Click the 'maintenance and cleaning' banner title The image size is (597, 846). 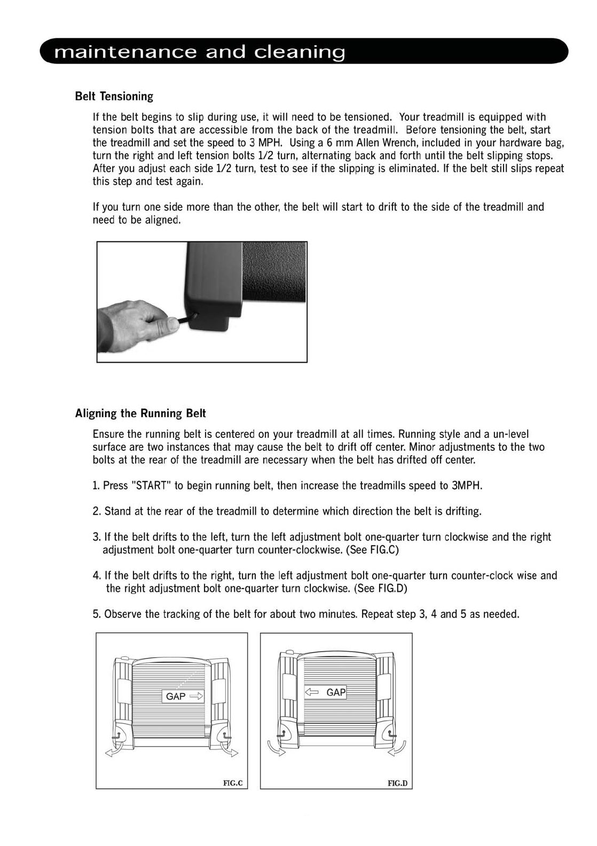coord(200,52)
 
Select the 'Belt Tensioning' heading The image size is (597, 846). coord(114,96)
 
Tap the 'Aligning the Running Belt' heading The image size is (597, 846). coord(140,413)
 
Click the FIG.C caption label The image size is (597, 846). coord(232,783)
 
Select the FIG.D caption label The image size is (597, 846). coord(397,783)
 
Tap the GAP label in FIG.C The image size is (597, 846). coord(176,696)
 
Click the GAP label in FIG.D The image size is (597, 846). coord(336,692)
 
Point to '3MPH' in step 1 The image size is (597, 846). coord(467,485)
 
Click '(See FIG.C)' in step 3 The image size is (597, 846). coord(372,550)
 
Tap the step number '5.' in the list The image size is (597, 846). coord(97,614)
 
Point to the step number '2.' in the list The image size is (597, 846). coord(97,511)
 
